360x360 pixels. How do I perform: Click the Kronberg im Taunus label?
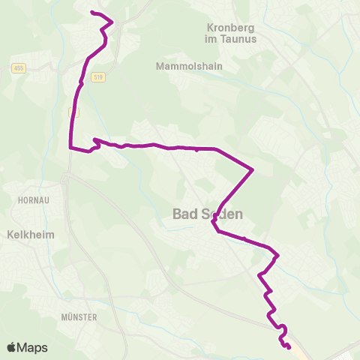(231, 32)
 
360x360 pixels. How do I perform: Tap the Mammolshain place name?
(186, 66)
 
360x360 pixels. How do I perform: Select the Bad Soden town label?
(208, 214)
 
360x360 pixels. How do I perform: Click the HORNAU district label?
(32, 200)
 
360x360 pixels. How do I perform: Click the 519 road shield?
(98, 76)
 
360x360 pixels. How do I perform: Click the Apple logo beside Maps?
(11, 348)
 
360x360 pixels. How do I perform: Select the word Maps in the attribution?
(32, 348)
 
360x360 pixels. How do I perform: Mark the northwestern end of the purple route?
(91, 13)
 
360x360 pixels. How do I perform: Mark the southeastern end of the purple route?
(289, 346)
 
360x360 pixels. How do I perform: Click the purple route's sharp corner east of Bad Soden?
(253, 169)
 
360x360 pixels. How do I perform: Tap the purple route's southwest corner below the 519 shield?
(70, 148)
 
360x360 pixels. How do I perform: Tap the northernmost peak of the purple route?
(112, 22)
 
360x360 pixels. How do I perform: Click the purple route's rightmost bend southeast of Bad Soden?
(278, 255)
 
